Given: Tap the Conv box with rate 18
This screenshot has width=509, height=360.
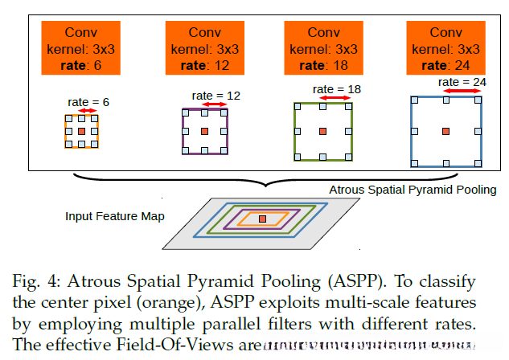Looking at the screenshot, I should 323,47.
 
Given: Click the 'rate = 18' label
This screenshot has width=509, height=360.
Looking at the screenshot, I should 334,89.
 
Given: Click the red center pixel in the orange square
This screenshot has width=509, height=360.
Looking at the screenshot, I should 81,130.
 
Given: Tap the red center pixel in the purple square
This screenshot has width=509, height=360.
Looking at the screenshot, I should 205,130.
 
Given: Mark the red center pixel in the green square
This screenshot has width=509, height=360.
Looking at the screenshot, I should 322,130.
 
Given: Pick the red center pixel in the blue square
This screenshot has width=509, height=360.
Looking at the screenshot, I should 446,130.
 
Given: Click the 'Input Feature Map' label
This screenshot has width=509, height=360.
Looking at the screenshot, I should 114,217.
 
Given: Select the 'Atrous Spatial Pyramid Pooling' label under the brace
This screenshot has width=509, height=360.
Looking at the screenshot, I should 413,190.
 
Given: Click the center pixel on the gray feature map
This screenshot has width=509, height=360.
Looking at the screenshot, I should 262,219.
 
